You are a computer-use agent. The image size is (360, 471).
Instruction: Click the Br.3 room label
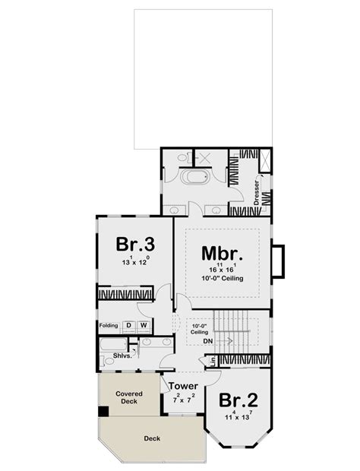click(x=136, y=245)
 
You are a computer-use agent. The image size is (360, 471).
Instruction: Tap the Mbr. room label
click(x=222, y=253)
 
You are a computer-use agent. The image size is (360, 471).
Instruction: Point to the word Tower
click(x=183, y=386)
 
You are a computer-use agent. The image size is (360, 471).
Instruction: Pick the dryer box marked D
click(x=128, y=326)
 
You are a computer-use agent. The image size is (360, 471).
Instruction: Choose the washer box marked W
click(x=142, y=326)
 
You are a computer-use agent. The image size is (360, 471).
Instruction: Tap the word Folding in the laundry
click(x=109, y=326)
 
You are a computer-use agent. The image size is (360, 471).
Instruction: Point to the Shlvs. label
click(x=124, y=356)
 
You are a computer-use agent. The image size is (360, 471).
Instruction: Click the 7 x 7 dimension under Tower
click(x=183, y=400)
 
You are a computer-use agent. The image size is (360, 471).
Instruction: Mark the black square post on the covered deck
click(x=103, y=412)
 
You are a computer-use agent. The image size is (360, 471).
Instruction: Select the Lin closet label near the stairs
click(x=213, y=359)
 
